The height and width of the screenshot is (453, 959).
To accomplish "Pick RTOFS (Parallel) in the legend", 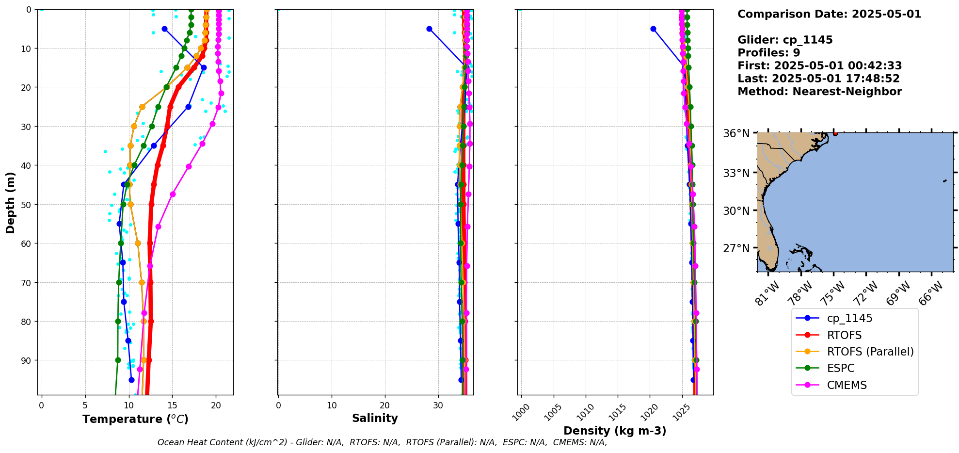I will (x=870, y=352).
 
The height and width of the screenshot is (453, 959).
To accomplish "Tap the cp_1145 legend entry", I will (x=849, y=318).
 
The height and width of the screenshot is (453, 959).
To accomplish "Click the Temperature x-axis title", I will (x=135, y=419).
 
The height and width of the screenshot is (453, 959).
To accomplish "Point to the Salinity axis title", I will (x=375, y=418).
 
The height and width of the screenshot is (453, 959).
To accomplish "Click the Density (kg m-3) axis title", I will (x=615, y=431).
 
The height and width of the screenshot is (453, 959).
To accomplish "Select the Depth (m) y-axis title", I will (x=11, y=202).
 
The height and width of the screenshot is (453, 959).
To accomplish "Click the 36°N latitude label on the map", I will (x=736, y=133).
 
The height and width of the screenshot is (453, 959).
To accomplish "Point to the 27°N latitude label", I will (x=736, y=248).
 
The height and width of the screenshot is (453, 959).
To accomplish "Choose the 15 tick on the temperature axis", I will (x=173, y=404).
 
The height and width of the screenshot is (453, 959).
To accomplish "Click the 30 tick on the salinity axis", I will (x=438, y=404).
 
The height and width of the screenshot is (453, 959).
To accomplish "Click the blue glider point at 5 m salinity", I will (x=429, y=29).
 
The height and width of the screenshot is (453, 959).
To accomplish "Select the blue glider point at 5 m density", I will (x=653, y=29).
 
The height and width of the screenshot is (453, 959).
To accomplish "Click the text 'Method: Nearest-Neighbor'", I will (x=819, y=91).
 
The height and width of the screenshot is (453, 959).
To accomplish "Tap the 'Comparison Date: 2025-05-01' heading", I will (x=829, y=14).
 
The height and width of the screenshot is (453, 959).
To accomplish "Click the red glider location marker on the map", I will (x=835, y=133).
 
